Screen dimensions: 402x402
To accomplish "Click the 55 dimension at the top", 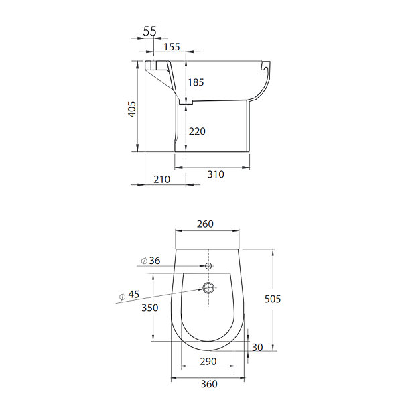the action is (x=149, y=31).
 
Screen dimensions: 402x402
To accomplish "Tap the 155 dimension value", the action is (x=172, y=47).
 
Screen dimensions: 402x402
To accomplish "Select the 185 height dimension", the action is (x=196, y=82).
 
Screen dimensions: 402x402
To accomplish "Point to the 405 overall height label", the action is (x=132, y=109).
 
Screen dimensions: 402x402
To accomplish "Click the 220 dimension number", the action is (x=197, y=131).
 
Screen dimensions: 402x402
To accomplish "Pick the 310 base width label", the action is (x=216, y=174).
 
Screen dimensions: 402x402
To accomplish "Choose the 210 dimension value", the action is (x=161, y=179).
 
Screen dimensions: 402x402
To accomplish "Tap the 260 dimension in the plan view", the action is (x=205, y=224).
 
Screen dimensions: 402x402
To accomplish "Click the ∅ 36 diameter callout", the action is (x=151, y=261).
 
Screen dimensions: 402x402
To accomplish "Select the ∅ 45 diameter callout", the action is (x=129, y=295).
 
